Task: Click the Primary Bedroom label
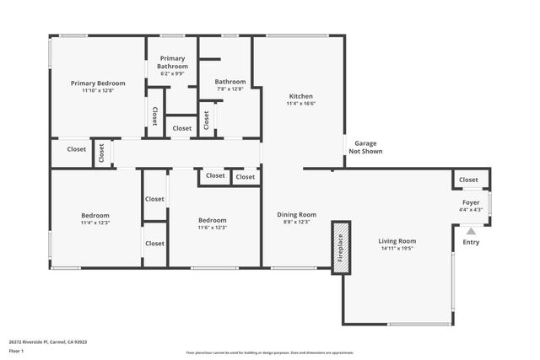click(x=98, y=83)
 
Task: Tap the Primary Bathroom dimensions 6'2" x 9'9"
click(x=172, y=73)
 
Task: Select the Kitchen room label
click(x=301, y=96)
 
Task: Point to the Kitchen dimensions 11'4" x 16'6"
click(x=301, y=104)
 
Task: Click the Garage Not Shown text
click(x=365, y=148)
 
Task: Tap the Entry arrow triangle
click(x=471, y=230)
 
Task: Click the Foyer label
click(x=469, y=202)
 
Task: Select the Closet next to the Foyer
click(x=468, y=180)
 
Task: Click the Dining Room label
click(x=297, y=214)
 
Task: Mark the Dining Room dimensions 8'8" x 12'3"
click(x=297, y=222)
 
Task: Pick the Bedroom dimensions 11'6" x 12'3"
click(x=212, y=228)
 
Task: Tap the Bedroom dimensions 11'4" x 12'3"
click(x=95, y=223)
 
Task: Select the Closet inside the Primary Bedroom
click(x=154, y=116)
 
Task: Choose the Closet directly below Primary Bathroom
click(x=181, y=128)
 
